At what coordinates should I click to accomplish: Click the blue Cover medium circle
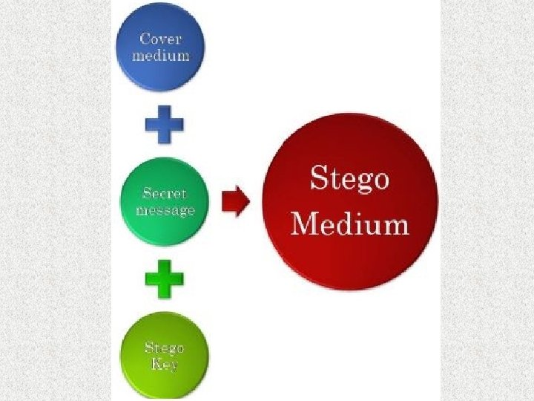[160, 47]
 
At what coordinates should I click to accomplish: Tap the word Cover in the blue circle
[160, 39]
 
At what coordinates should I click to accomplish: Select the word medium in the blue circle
[160, 55]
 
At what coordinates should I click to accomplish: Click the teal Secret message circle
[165, 201]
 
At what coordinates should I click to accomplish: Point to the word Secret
[165, 194]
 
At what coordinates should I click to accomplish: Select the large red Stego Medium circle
[351, 201]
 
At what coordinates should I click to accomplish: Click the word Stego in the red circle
[349, 180]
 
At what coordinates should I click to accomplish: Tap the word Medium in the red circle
[349, 223]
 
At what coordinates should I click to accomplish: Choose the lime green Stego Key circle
[165, 356]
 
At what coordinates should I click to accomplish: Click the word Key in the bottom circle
[165, 364]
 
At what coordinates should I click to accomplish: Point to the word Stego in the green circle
[165, 348]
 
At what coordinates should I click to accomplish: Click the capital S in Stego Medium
[318, 178]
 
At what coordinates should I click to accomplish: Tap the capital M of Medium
[303, 223]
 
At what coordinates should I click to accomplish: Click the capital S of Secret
[147, 194]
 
